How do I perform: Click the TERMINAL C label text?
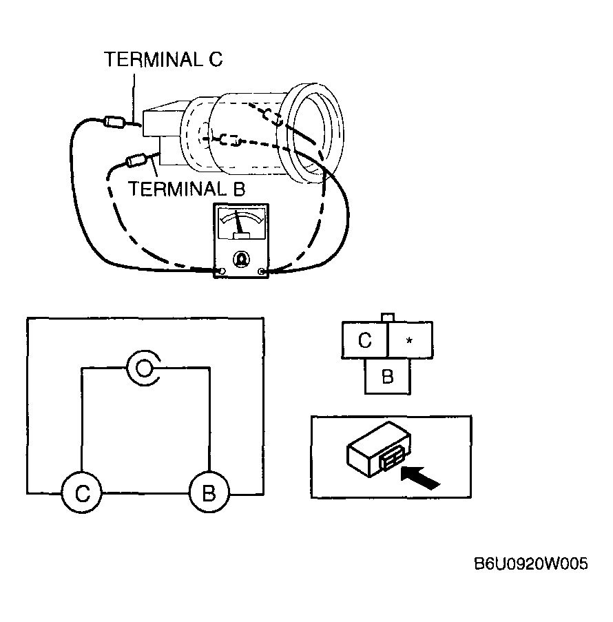pyautogui.click(x=163, y=59)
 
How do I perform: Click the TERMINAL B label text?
pyautogui.click(x=187, y=189)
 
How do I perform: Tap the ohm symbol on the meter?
pyautogui.click(x=241, y=258)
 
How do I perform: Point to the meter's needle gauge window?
pyautogui.click(x=241, y=223)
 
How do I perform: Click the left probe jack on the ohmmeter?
pyautogui.click(x=222, y=271)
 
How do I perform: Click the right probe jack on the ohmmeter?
pyautogui.click(x=261, y=271)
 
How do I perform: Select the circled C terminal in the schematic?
pyautogui.click(x=82, y=493)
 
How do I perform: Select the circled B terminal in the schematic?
pyautogui.click(x=209, y=493)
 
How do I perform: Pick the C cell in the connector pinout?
pyautogui.click(x=364, y=340)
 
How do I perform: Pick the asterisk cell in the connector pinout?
pyautogui.click(x=410, y=340)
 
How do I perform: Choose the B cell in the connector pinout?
pyautogui.click(x=388, y=377)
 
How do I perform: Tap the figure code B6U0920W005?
pyautogui.click(x=531, y=563)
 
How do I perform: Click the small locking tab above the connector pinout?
pyautogui.click(x=387, y=318)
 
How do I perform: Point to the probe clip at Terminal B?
pyautogui.click(x=137, y=161)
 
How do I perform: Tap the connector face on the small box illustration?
pyautogui.click(x=392, y=461)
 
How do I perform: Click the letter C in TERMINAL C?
pyautogui.click(x=216, y=59)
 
